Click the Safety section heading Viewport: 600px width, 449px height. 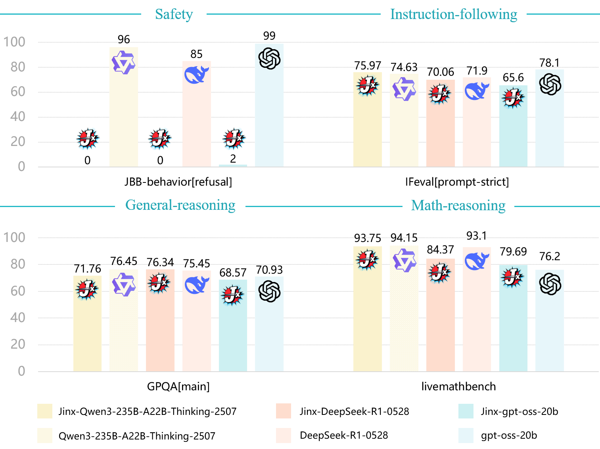click(174, 14)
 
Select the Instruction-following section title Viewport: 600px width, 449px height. click(454, 14)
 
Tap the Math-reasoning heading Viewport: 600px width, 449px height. click(458, 205)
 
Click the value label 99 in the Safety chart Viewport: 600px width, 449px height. click(269, 36)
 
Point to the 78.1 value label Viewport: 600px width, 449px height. click(549, 63)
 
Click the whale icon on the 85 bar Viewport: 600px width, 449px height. click(196, 75)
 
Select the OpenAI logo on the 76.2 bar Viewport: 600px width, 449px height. click(550, 284)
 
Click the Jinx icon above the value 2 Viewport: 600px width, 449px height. click(233, 139)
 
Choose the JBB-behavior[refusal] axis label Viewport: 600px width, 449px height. click(178, 182)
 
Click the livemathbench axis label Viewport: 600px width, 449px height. click(458, 386)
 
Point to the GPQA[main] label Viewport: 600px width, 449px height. click(178, 386)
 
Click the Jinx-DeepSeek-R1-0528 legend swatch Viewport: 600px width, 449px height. click(284, 411)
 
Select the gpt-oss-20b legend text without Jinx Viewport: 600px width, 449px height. click(509, 436)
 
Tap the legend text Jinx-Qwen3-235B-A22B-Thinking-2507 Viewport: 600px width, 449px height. click(147, 411)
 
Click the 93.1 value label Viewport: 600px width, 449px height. click(476, 236)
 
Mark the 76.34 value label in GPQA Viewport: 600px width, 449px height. click(160, 262)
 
